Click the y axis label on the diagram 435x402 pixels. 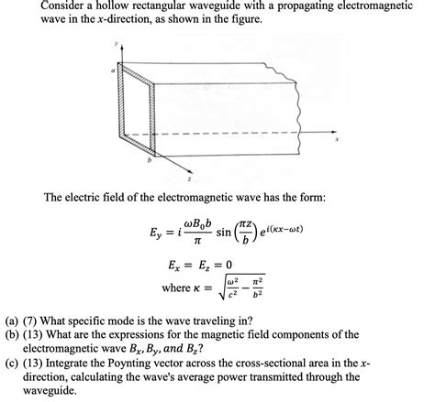[117, 42]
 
